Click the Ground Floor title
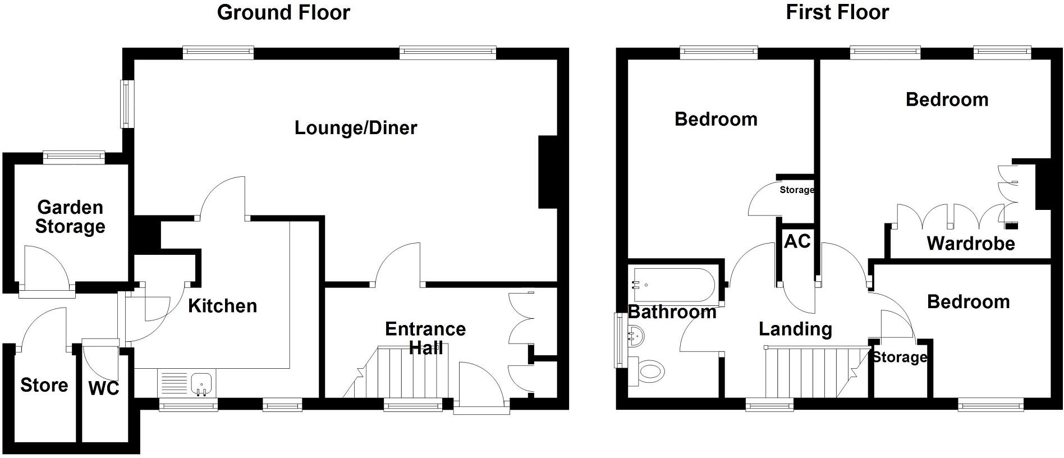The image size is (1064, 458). (x=283, y=12)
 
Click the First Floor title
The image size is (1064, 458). (x=837, y=12)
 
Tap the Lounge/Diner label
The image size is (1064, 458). (x=356, y=128)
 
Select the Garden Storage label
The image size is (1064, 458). (x=70, y=217)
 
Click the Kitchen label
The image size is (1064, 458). (x=222, y=306)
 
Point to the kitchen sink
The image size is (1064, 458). (x=201, y=383)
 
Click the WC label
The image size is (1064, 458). (x=104, y=388)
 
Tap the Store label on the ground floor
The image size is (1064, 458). (x=44, y=385)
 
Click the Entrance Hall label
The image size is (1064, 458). (x=425, y=338)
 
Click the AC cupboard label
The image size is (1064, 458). (x=797, y=241)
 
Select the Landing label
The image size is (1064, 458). (x=795, y=329)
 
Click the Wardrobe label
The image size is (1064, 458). (x=971, y=244)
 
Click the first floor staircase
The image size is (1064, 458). (x=808, y=372)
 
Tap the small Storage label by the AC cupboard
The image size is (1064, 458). (x=796, y=190)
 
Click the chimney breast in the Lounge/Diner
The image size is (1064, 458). (x=548, y=172)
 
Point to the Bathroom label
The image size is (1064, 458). (x=672, y=312)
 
